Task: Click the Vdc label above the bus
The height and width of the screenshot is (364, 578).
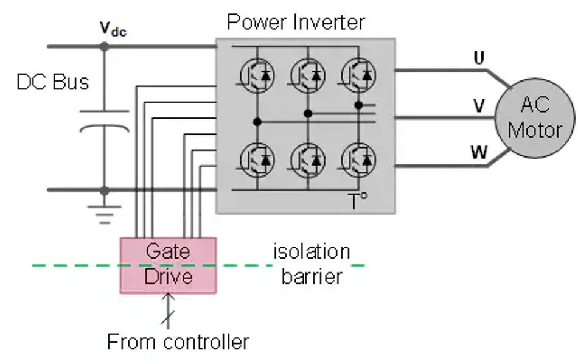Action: coord(113,29)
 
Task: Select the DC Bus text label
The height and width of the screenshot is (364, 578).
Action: coord(53,82)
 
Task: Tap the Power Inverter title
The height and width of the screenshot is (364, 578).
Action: coord(296,23)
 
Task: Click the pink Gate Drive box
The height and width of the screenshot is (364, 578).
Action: coord(167,265)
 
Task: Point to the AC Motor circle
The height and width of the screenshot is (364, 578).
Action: coord(534,117)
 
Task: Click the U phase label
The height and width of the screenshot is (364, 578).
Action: coord(479,58)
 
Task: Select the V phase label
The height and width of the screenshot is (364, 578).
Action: coord(479,107)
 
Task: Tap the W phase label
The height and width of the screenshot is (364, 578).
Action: coord(479,152)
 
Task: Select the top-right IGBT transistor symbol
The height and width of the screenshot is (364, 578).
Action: coord(358,75)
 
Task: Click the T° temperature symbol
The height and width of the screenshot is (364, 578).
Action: coord(359,201)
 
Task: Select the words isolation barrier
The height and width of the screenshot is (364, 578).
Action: coord(312,264)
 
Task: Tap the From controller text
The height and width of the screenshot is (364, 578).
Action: coord(178,341)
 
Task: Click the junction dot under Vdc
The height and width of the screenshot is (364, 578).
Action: coord(105,46)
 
